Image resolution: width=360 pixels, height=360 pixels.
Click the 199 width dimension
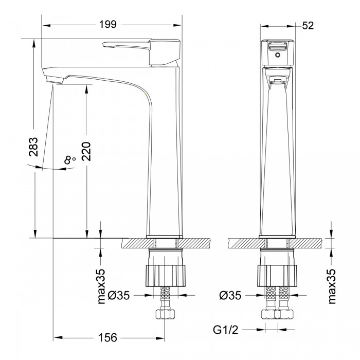[x=107, y=24]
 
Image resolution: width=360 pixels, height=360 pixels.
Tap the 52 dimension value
[x=308, y=26]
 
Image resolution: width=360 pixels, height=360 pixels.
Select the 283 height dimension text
[x=33, y=147]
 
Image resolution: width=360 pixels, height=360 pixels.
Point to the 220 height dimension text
[x=86, y=151]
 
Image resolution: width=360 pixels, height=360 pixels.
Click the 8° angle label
[x=70, y=159]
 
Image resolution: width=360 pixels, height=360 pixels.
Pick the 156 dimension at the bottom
[x=107, y=337]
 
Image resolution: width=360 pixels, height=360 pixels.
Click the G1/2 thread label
[x=226, y=330]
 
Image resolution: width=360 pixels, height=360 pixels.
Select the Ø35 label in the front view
[x=230, y=295]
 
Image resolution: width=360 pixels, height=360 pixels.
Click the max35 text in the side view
[x=101, y=286]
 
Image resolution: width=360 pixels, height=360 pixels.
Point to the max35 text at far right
[x=332, y=286]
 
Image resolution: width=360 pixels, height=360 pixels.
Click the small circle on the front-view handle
[x=278, y=55]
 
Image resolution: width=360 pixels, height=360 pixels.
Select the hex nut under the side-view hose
[x=165, y=314]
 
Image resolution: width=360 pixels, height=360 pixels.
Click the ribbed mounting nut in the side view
[x=165, y=276]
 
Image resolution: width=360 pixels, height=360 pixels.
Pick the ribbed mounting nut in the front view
[x=277, y=276]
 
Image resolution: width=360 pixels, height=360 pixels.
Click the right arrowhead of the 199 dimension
[x=177, y=25]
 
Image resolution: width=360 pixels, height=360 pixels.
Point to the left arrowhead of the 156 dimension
[x=58, y=338]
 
